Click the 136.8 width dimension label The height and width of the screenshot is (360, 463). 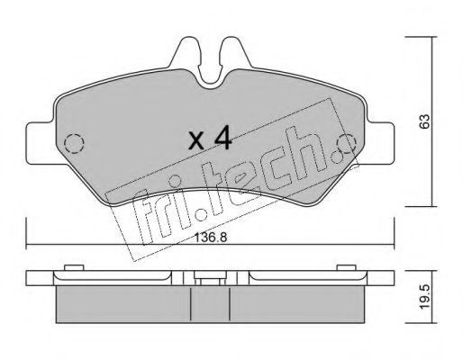click(211, 238)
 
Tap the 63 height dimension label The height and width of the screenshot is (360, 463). click(424, 121)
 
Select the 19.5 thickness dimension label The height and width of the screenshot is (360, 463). click(425, 297)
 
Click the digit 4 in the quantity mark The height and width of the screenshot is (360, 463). click(222, 138)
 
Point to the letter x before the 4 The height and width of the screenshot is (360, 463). click(196, 141)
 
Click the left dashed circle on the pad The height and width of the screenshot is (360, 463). click(74, 144)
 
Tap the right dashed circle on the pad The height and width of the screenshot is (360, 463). click(346, 143)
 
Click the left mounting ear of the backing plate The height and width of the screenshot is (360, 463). click(41, 143)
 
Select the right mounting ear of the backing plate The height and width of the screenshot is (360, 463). click(381, 143)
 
